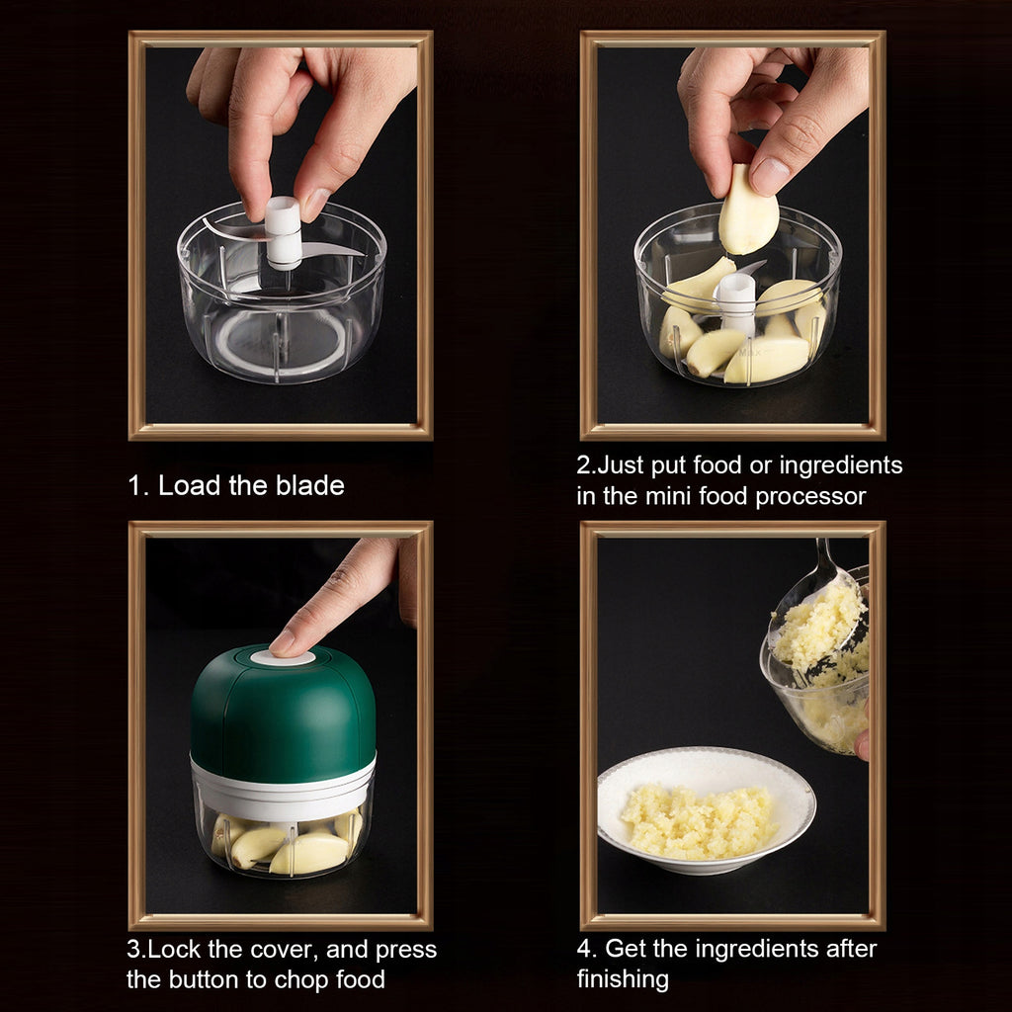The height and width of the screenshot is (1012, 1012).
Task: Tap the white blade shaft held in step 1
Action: click(x=283, y=232)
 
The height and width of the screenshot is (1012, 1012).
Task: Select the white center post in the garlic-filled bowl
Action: click(x=735, y=303)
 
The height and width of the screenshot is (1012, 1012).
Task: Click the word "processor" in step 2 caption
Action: click(x=810, y=496)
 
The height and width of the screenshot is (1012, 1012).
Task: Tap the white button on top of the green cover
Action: click(x=283, y=657)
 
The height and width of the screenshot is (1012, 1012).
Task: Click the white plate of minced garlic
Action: click(x=707, y=810)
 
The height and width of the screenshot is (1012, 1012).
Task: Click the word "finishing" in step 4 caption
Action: click(x=623, y=979)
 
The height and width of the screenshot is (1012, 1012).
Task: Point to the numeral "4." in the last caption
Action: click(x=587, y=949)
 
